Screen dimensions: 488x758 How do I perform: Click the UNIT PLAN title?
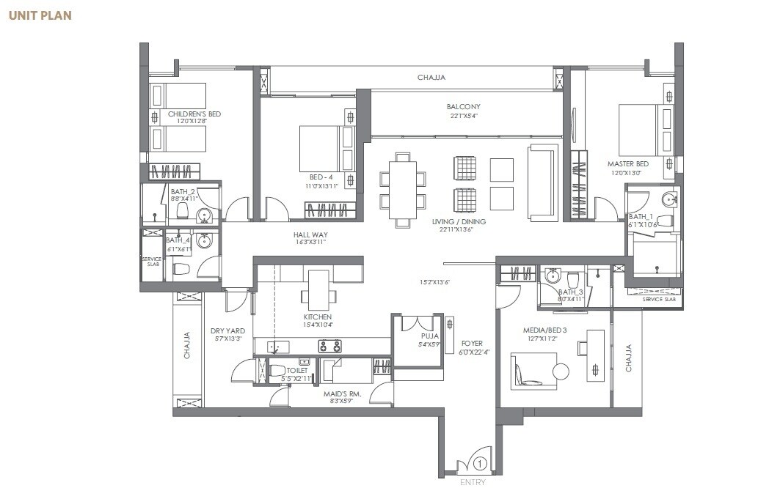pyautogui.click(x=40, y=15)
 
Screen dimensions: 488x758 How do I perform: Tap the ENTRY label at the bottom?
pyautogui.click(x=473, y=481)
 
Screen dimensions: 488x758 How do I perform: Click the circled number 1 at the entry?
pyautogui.click(x=479, y=463)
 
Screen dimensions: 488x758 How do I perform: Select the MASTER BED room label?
pyautogui.click(x=627, y=163)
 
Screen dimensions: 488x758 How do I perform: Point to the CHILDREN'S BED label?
pyautogui.click(x=194, y=114)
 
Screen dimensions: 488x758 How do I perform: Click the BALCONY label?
pyautogui.click(x=463, y=106)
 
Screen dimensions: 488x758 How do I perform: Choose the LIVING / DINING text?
pyautogui.click(x=462, y=221)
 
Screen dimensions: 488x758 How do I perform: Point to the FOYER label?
pyautogui.click(x=471, y=342)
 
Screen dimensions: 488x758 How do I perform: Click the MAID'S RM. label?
pyautogui.click(x=343, y=393)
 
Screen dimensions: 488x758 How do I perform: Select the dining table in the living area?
pyautogui.click(x=402, y=190)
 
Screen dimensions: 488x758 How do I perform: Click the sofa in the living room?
pyautogui.click(x=542, y=182)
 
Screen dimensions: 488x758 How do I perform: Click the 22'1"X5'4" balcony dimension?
pyautogui.click(x=463, y=116)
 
